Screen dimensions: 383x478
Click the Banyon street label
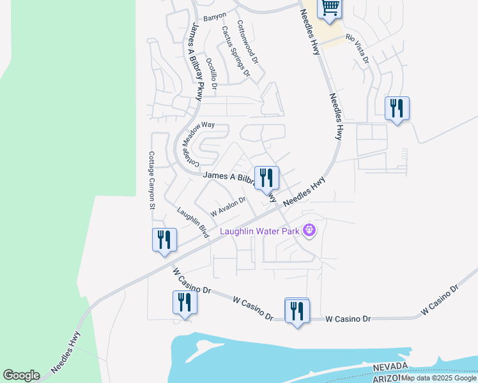click(x=215, y=17)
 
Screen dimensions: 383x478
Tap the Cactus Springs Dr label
click(x=235, y=51)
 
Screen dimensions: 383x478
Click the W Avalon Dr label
click(x=228, y=206)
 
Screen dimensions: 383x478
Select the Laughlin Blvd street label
click(x=193, y=223)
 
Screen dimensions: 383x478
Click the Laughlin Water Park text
click(x=259, y=231)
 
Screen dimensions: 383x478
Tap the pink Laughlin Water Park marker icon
click(x=309, y=229)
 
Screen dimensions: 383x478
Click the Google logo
click(x=21, y=375)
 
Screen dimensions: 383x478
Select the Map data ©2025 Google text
click(x=439, y=378)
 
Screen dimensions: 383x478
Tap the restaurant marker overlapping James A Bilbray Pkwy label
click(x=266, y=178)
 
